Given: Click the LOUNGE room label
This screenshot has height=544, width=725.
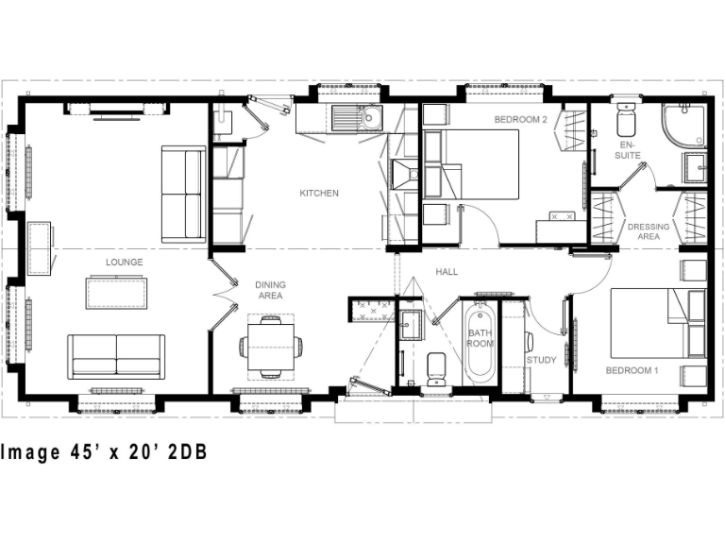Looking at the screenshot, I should (x=124, y=262).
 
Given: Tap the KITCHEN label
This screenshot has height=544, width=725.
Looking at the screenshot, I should (x=319, y=194).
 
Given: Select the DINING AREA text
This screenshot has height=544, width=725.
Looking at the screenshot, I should (x=270, y=290).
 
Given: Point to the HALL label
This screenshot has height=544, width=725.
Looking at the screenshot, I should (x=447, y=272).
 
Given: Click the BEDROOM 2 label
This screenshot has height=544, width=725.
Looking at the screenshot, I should (x=520, y=120).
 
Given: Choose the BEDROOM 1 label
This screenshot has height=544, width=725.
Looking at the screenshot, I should (x=632, y=369).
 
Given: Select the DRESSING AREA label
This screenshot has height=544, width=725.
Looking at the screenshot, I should (x=649, y=231).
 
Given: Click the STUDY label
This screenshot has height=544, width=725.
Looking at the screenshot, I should (x=541, y=360).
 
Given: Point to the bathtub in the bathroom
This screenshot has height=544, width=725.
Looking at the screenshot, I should (x=480, y=341).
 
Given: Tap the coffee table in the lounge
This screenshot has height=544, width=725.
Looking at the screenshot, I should (x=116, y=292).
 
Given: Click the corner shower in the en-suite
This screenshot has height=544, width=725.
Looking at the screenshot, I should (x=684, y=126).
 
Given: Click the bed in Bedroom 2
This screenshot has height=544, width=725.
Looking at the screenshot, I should (x=481, y=165).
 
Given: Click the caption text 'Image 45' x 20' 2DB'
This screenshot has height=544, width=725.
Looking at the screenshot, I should (x=103, y=452).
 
